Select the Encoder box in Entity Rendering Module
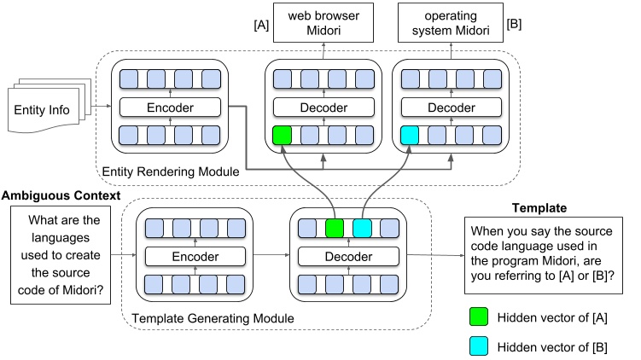pos(170,107)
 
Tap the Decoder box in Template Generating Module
pos(349,255)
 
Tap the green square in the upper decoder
pos(281,135)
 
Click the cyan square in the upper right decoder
pos(409,135)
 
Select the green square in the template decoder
pos(335,228)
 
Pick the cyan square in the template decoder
pos(363,228)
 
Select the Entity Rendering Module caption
pos(170,171)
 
